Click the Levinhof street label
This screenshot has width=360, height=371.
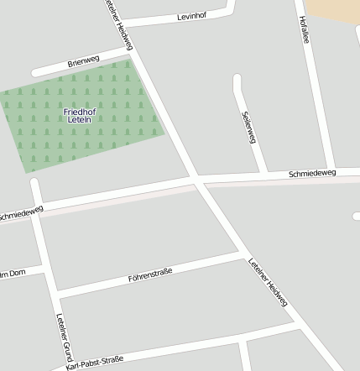click(x=192, y=17)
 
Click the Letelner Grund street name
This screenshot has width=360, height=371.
click(x=65, y=335)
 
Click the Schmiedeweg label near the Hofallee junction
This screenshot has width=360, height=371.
click(x=311, y=174)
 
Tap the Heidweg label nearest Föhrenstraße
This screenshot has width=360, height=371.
click(x=268, y=282)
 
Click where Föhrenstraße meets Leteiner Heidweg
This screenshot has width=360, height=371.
click(x=244, y=252)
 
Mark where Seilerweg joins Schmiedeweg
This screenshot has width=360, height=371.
click(x=266, y=175)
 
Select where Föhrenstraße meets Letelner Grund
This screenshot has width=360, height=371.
click(x=57, y=295)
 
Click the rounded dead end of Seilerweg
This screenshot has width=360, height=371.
click(x=237, y=80)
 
